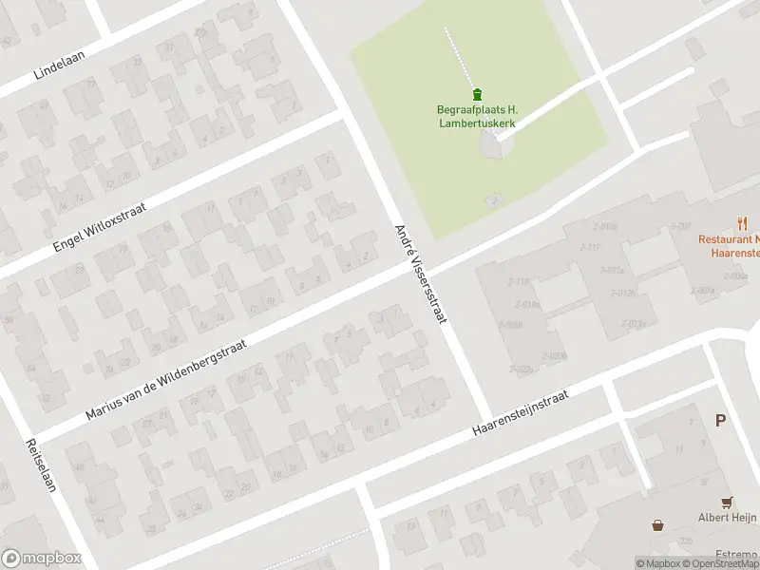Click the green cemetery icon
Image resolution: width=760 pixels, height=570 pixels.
tap(477, 93)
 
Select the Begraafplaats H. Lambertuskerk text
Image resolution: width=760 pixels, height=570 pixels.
tap(477, 117)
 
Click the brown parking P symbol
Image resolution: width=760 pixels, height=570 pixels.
tap(720, 419)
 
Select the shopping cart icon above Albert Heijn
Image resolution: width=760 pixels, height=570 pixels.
tap(728, 502)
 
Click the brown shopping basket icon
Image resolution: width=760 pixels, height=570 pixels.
tap(657, 524)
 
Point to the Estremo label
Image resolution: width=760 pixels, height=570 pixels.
tap(736, 553)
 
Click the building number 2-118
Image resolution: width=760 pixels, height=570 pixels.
tap(519, 281)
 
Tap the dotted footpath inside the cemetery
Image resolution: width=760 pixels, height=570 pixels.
tap(458, 57)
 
